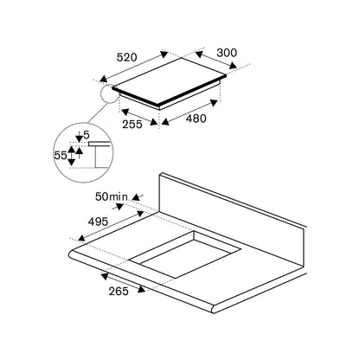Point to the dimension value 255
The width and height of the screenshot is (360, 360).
tap(132, 124)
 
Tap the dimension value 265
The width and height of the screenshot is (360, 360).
tap(119, 291)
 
